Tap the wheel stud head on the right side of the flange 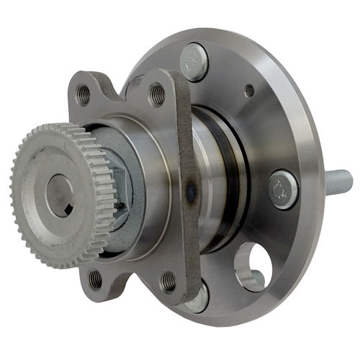[282, 189]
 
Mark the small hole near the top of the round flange [249, 91]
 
